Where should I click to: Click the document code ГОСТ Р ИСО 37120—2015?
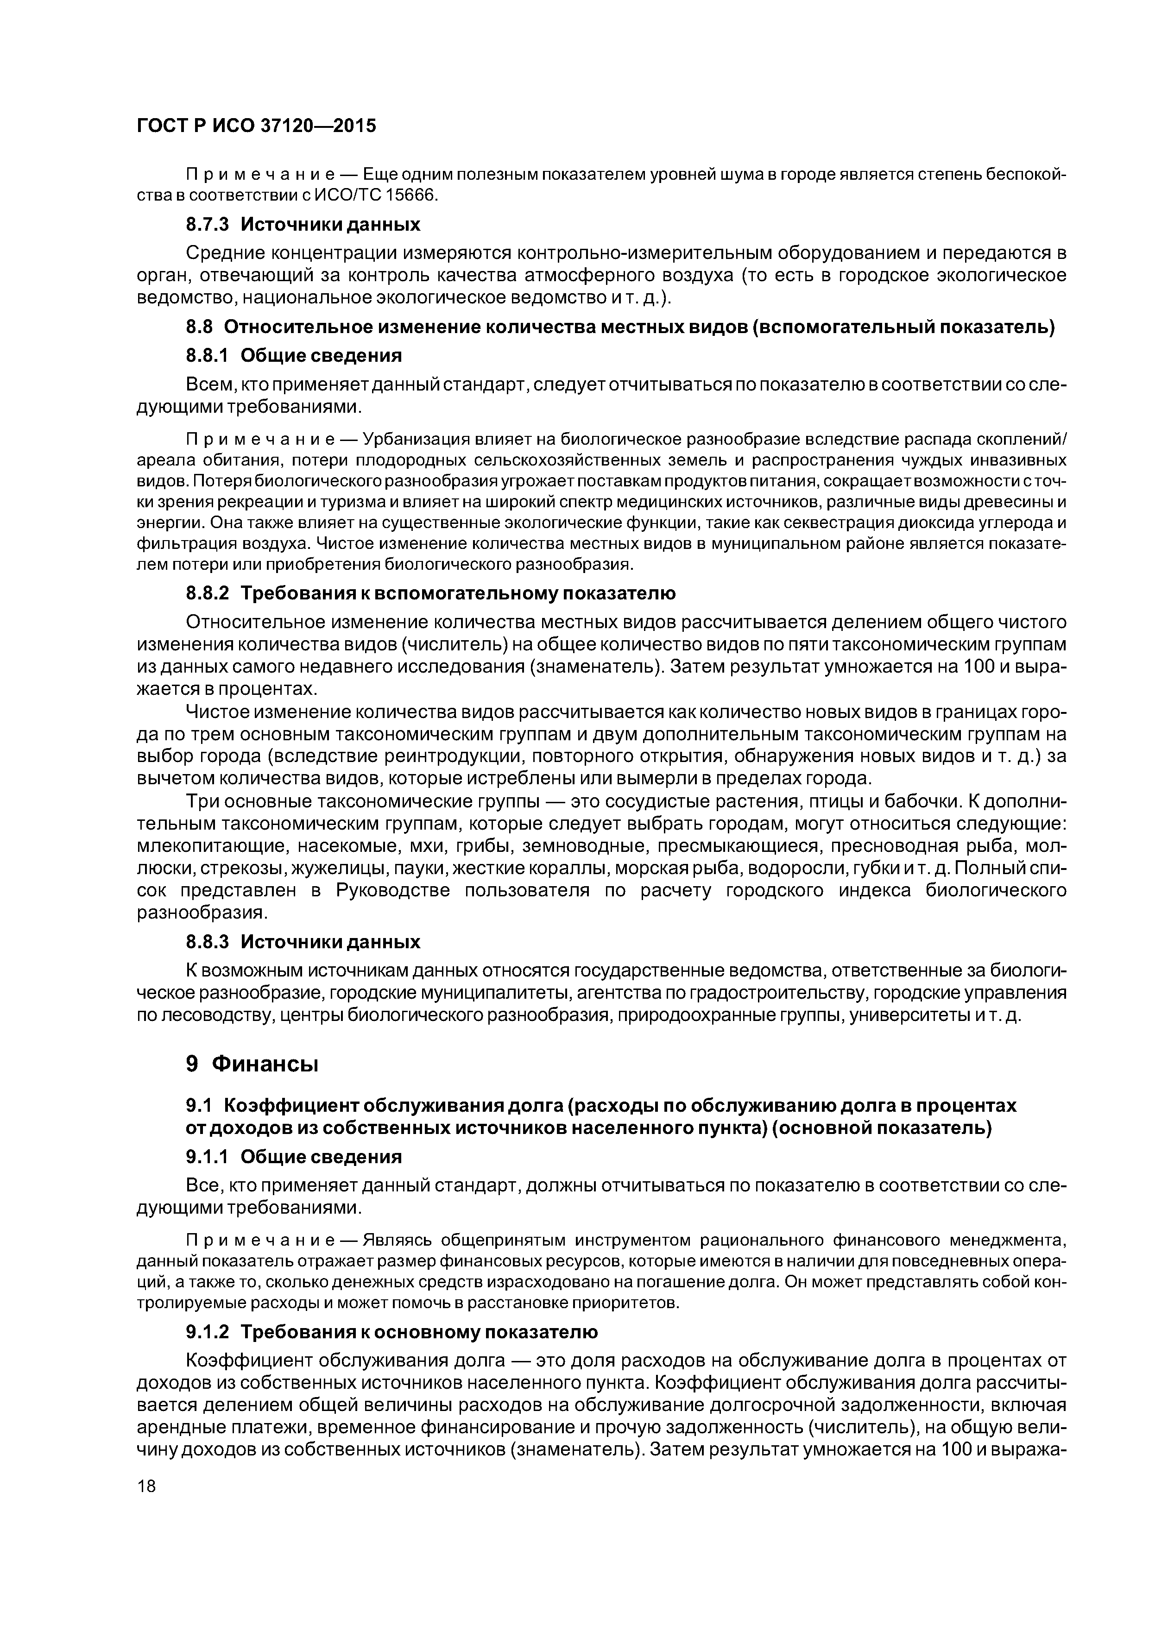pyautogui.click(x=256, y=126)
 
